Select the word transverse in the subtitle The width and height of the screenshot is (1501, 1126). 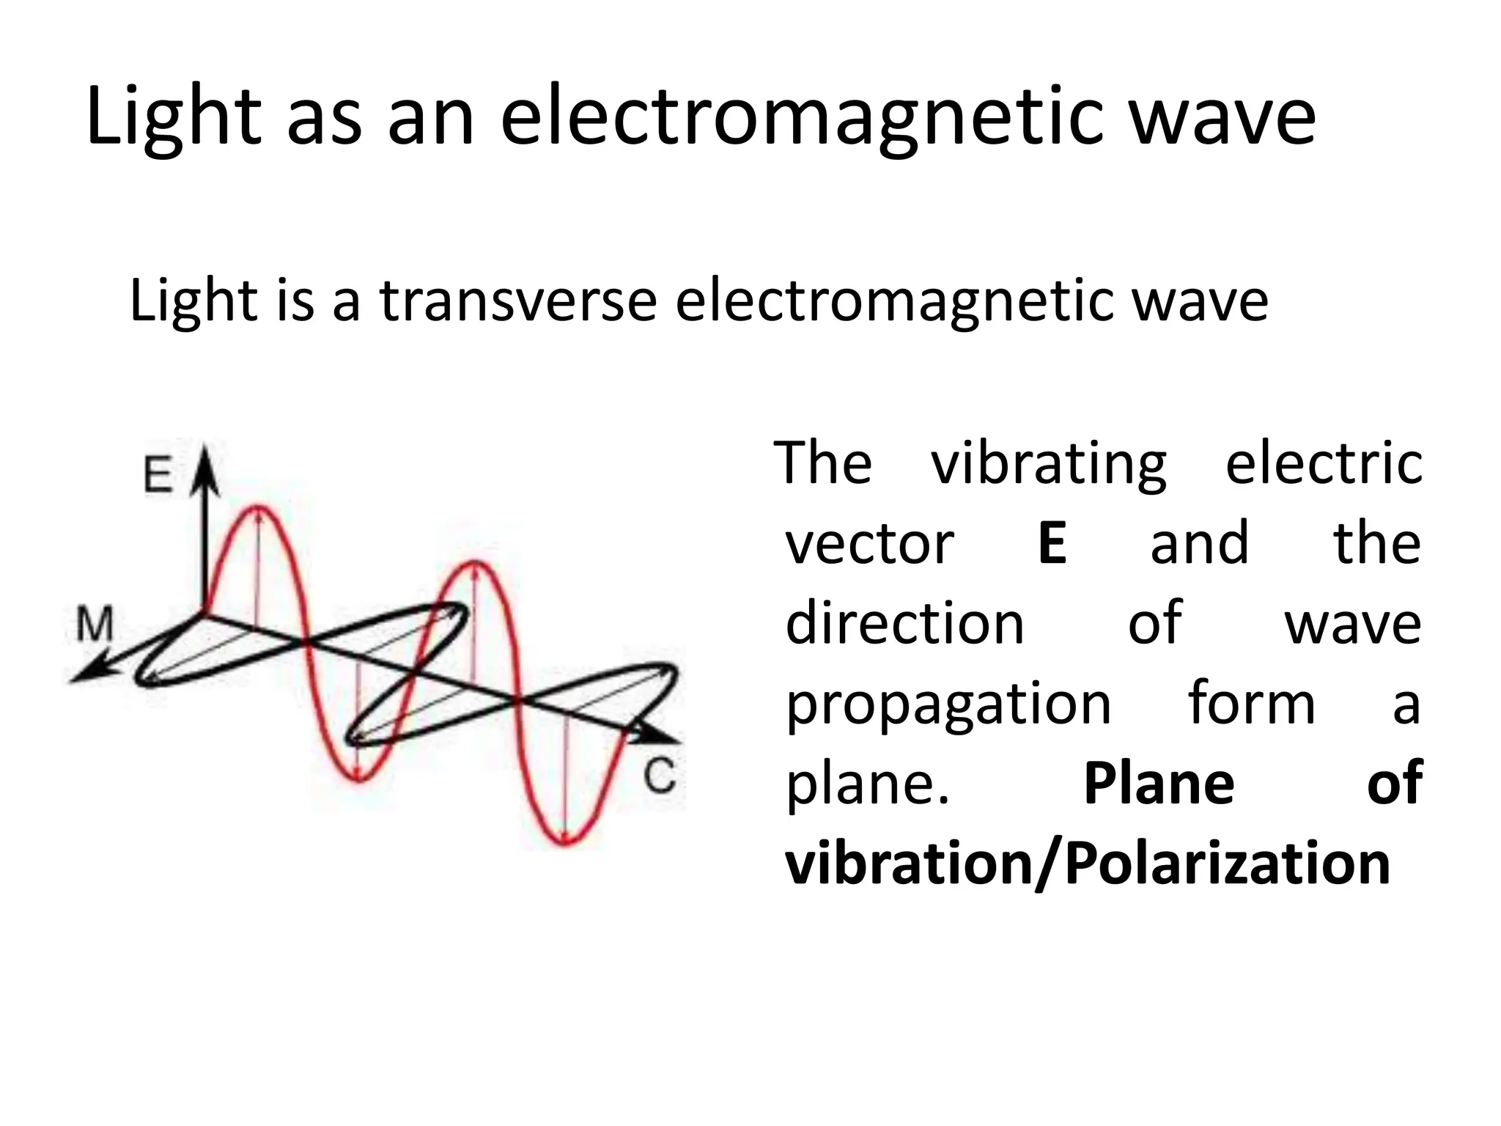pos(518,301)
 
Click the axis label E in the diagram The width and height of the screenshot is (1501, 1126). pos(158,474)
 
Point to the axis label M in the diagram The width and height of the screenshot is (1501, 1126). pos(95,625)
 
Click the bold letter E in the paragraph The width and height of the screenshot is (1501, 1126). pos(1052,543)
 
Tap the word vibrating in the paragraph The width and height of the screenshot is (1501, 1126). pos(1049,464)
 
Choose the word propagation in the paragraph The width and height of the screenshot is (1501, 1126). pos(948,704)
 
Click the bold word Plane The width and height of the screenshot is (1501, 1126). pos(1159,784)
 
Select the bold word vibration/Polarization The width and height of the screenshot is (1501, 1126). pos(1088,864)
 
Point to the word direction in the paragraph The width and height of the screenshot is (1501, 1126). pos(904,624)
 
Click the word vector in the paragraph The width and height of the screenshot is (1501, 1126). pos(870,543)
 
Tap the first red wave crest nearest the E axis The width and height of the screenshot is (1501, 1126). pos(257,507)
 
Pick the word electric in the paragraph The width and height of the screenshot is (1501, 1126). pos(1324,464)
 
